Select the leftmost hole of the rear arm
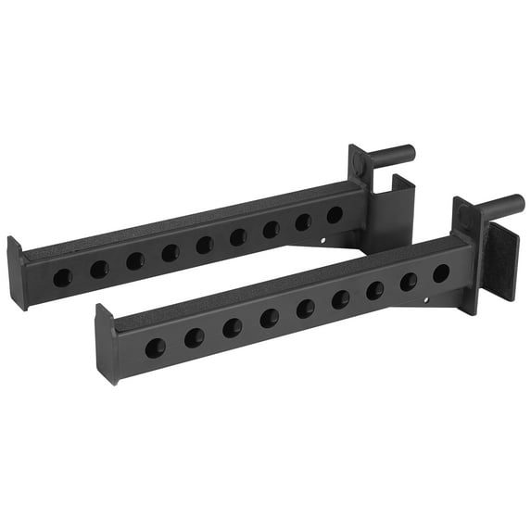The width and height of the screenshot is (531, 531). (x=62, y=276)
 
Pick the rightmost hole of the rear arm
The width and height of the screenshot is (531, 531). (x=335, y=214)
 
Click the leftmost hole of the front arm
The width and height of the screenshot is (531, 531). (x=155, y=348)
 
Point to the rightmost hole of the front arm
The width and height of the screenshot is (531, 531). (x=441, y=272)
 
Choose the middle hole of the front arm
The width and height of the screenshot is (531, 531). (x=306, y=309)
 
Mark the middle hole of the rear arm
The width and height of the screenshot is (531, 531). (x=204, y=245)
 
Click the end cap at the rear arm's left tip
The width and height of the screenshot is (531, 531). (x=16, y=272)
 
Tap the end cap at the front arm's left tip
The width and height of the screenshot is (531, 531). (x=104, y=344)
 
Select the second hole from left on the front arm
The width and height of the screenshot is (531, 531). (x=194, y=338)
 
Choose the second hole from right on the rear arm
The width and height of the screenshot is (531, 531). (x=303, y=221)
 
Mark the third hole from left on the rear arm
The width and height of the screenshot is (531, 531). (x=134, y=260)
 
